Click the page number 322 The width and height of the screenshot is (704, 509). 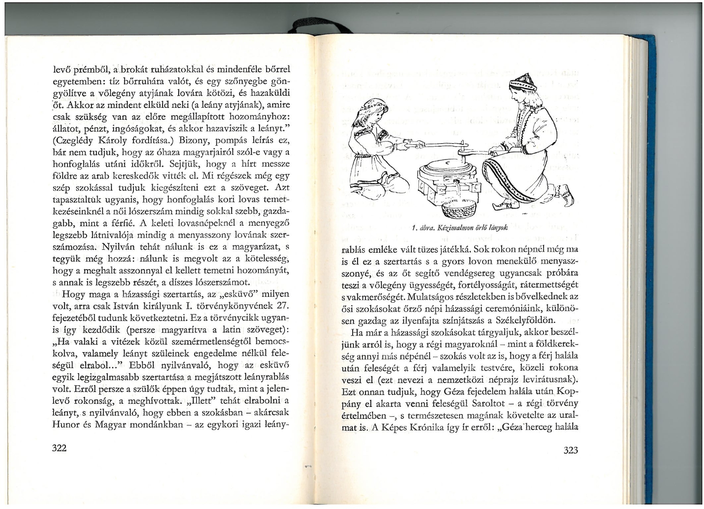pyautogui.click(x=59, y=448)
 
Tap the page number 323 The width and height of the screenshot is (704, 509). pyautogui.click(x=571, y=450)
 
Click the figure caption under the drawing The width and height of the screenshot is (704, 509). pyautogui.click(x=459, y=228)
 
